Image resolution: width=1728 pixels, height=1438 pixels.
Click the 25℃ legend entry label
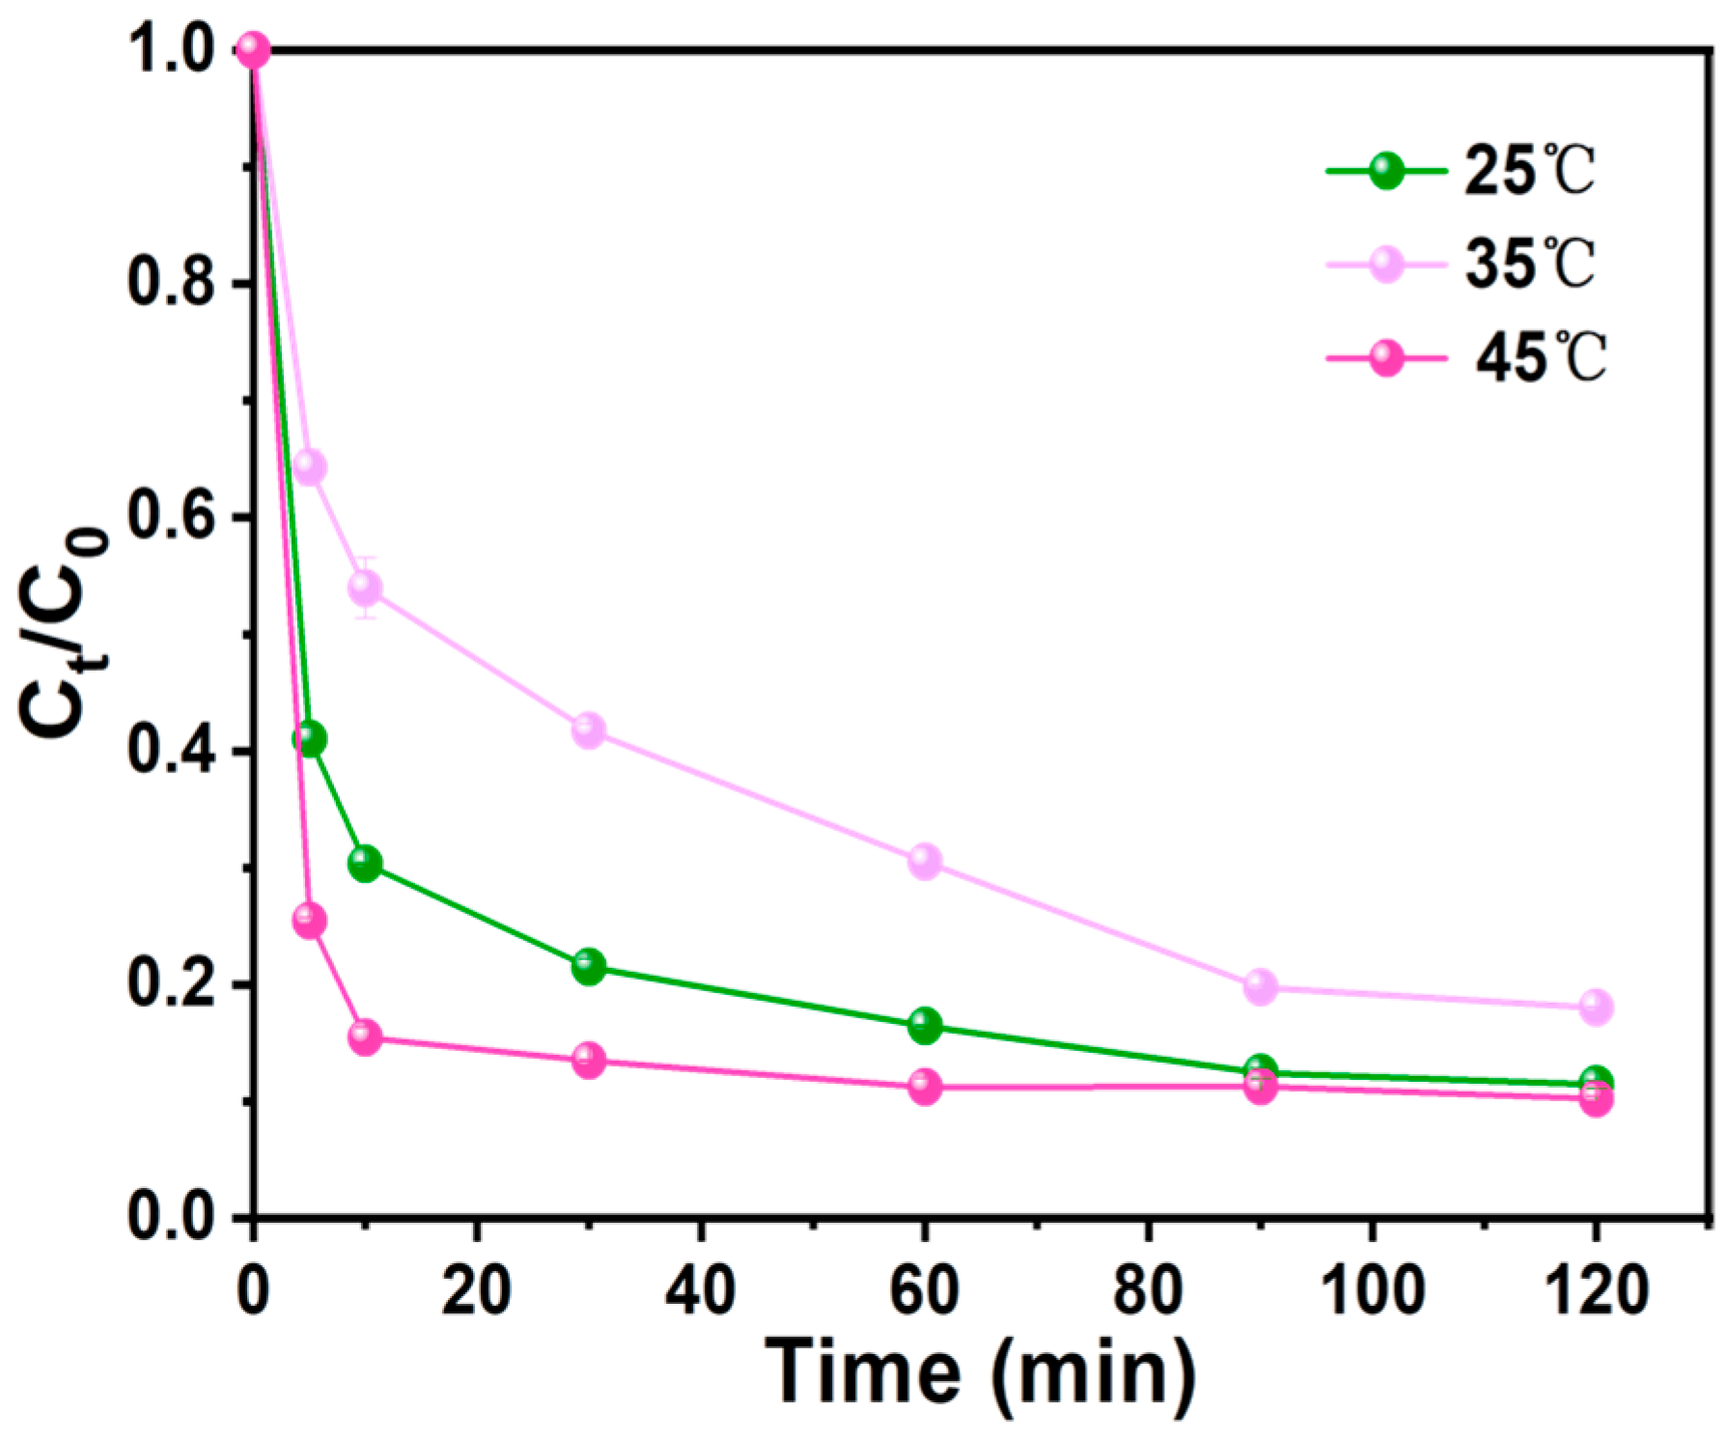pyautogui.click(x=1529, y=172)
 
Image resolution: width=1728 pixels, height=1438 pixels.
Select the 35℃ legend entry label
pyautogui.click(x=1529, y=263)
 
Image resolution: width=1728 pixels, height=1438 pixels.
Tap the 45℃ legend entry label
pyautogui.click(x=1539, y=358)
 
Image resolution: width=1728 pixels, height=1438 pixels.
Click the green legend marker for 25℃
pyautogui.click(x=1386, y=172)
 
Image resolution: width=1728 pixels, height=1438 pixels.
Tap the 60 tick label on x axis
pyautogui.click(x=924, y=1290)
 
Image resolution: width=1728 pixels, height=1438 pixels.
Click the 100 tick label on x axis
pyautogui.click(x=1371, y=1290)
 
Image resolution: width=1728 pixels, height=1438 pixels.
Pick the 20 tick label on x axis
pyautogui.click(x=476, y=1290)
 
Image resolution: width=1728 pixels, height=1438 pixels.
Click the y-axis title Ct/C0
pyautogui.click(x=63, y=632)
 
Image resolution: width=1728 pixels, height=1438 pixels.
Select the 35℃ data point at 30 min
pyautogui.click(x=589, y=730)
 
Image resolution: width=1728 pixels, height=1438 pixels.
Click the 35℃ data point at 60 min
pyautogui.click(x=924, y=861)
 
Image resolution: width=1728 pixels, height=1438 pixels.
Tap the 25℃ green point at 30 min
pyautogui.click(x=589, y=966)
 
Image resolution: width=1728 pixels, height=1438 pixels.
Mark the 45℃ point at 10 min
pyautogui.click(x=365, y=1037)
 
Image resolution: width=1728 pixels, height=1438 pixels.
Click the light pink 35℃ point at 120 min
pyautogui.click(x=1596, y=1007)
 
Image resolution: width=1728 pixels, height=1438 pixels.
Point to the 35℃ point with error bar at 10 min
pyautogui.click(x=365, y=587)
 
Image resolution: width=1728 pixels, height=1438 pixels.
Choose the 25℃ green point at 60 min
pyautogui.click(x=924, y=1026)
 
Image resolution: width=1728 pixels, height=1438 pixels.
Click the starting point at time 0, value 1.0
pyautogui.click(x=253, y=48)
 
